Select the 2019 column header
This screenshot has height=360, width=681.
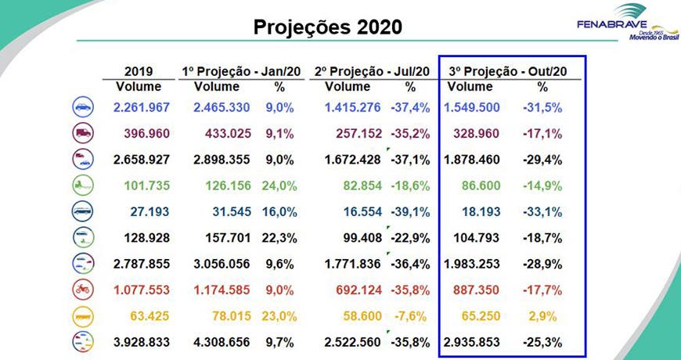[138, 71]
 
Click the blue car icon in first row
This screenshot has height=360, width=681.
[81, 107]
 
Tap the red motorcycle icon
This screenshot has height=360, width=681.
[81, 290]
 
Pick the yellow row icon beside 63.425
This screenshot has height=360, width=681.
[81, 315]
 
